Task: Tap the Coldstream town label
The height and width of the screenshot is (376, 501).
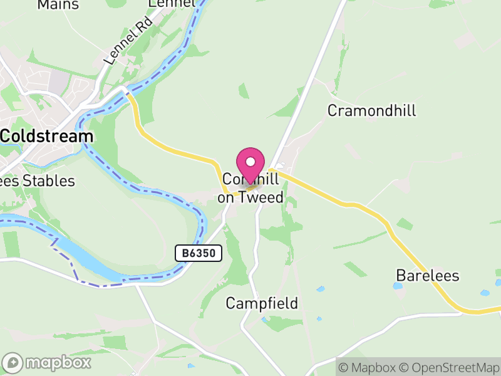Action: point(47,136)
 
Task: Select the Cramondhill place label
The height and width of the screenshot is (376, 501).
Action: point(372,111)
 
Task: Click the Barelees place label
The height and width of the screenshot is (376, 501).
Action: point(428,276)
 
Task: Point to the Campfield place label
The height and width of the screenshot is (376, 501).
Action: point(262,304)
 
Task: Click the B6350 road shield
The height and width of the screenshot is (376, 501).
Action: point(199,253)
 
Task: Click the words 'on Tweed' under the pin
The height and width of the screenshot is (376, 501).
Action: point(250,198)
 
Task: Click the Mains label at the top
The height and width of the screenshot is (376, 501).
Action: point(58,5)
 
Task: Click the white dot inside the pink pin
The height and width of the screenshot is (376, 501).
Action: point(251,162)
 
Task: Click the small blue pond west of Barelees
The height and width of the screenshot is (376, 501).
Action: point(398,286)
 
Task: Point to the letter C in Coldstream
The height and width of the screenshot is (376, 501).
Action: point(6,136)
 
